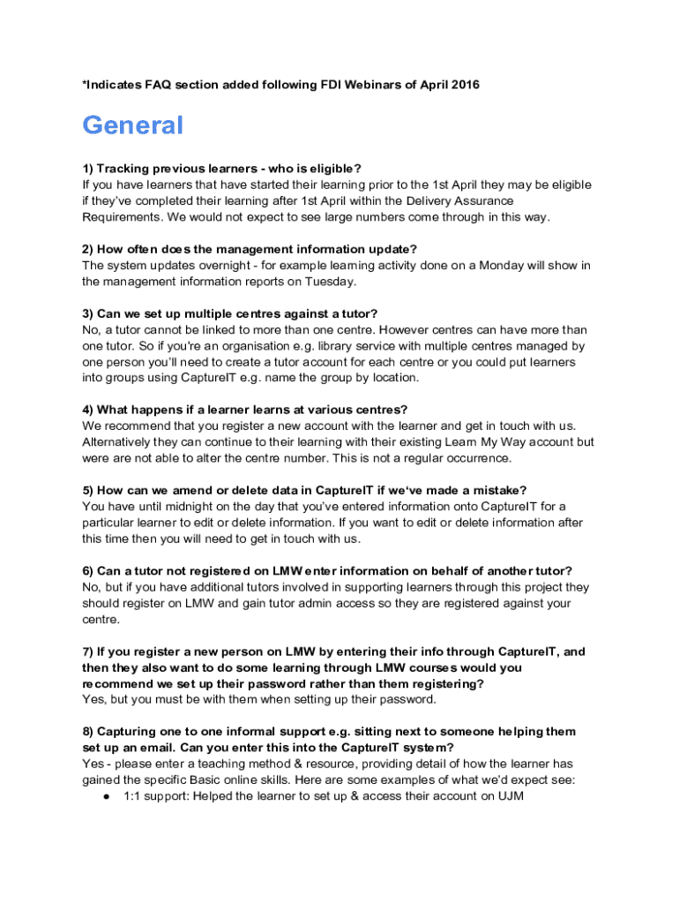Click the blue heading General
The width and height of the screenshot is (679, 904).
(132, 125)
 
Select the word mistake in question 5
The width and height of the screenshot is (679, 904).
(492, 490)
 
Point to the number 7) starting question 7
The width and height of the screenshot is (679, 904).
(88, 652)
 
